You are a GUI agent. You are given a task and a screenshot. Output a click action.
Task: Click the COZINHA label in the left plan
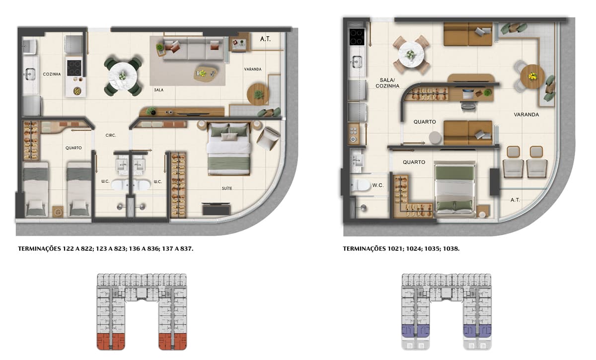(x=52, y=74)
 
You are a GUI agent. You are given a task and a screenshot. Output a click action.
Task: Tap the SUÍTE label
(x=227, y=188)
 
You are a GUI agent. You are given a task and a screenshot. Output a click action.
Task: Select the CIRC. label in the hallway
(x=111, y=136)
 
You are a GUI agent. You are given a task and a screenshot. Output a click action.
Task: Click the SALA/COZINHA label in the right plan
(x=387, y=83)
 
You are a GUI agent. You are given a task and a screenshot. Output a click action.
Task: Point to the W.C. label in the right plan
(x=378, y=185)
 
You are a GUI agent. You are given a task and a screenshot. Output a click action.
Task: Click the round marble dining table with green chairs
(x=123, y=76)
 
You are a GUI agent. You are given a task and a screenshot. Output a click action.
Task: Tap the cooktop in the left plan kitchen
(x=74, y=68)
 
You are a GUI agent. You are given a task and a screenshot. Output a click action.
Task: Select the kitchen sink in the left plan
(x=30, y=74)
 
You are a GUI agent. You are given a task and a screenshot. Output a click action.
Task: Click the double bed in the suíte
(x=229, y=149)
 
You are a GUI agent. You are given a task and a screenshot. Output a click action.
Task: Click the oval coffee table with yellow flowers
(x=206, y=73)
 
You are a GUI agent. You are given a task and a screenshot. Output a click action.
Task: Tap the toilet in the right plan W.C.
(x=360, y=185)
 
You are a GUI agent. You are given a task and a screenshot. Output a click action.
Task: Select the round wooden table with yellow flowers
(x=532, y=76)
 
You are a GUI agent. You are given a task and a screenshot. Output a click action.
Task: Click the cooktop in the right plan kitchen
(x=357, y=37)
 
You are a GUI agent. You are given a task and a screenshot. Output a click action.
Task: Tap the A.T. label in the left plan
(x=265, y=39)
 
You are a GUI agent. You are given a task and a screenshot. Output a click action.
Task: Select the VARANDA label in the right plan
(x=526, y=115)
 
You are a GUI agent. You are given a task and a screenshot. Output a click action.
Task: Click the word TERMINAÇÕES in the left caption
(x=39, y=249)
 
